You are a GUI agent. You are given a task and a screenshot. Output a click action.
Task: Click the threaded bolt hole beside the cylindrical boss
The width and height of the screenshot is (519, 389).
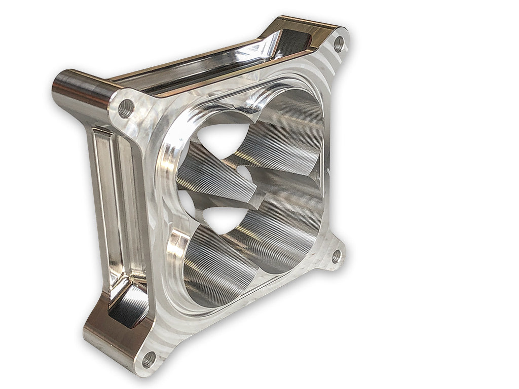pyautogui.click(x=125, y=108)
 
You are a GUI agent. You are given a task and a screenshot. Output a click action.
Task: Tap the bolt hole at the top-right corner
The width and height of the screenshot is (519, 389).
pyautogui.click(x=339, y=45)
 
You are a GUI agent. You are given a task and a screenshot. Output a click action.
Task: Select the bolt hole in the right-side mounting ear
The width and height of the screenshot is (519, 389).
pyautogui.click(x=336, y=256)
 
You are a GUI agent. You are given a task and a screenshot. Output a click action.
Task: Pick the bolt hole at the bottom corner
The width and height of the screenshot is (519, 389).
pyautogui.click(x=148, y=360)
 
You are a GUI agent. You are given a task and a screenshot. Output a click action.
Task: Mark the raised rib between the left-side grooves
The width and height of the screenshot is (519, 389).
pyautogui.click(x=113, y=203)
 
